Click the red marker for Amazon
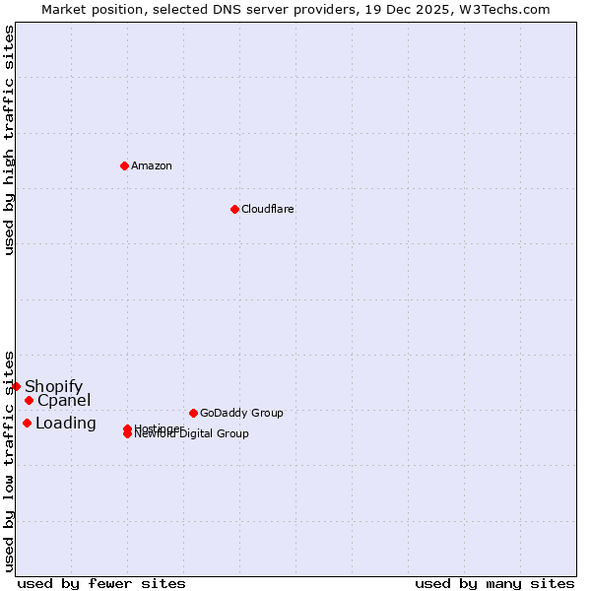tap(124, 165)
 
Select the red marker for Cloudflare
tap(234, 209)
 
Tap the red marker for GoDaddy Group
tap(193, 413)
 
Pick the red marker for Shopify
tap(17, 386)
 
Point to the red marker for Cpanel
tap(30, 400)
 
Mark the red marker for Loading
tap(27, 423)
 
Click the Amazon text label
tap(152, 165)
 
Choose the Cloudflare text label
tap(268, 209)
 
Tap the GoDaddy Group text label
tap(241, 413)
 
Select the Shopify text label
tap(54, 386)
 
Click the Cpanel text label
tap(64, 400)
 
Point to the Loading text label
tap(66, 423)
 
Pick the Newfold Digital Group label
tap(192, 434)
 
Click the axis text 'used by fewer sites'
tap(101, 583)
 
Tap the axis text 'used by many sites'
tap(494, 583)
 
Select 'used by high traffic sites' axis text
tap(9, 140)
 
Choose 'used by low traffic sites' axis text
tap(9, 461)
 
